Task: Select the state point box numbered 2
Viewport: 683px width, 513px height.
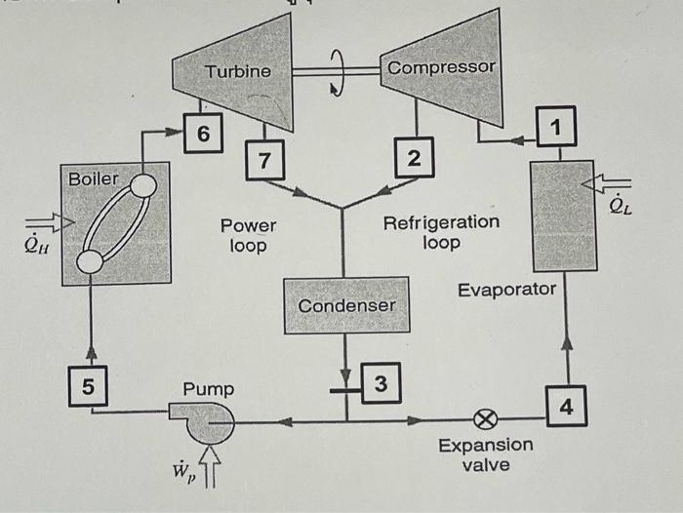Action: (x=414, y=158)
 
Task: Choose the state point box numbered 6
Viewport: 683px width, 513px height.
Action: (x=202, y=133)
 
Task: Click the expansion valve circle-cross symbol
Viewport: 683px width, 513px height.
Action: (x=483, y=421)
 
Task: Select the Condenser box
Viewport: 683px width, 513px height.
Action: (x=346, y=305)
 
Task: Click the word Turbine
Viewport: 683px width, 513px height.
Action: (x=238, y=71)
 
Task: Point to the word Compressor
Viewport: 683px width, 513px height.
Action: (x=441, y=67)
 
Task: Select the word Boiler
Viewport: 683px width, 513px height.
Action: (x=93, y=178)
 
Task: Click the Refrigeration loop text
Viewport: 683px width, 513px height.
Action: (x=441, y=232)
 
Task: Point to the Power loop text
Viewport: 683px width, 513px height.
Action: (x=248, y=235)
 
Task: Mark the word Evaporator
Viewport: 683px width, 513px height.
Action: (x=506, y=290)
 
